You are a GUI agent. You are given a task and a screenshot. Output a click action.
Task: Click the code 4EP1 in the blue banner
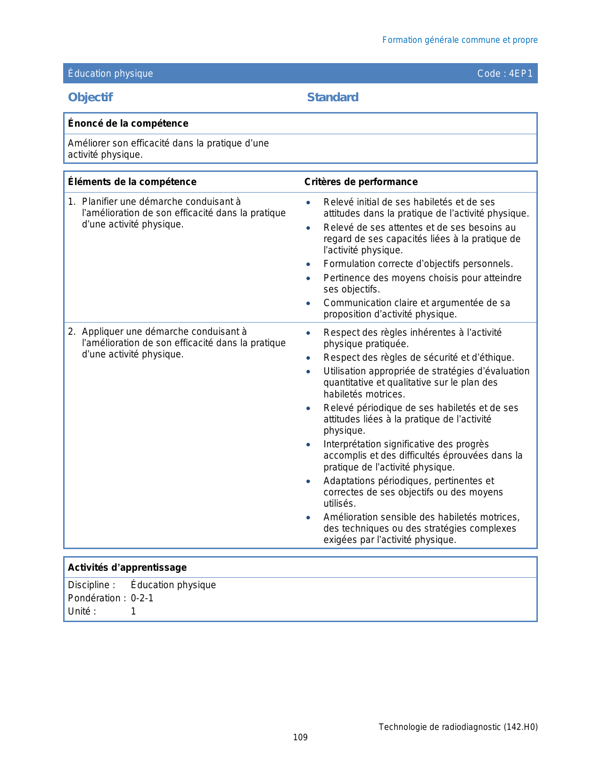520,73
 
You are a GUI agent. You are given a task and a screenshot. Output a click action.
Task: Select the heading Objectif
90,97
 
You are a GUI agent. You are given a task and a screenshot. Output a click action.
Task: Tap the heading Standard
332,97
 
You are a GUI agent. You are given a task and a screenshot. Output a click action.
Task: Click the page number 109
300,737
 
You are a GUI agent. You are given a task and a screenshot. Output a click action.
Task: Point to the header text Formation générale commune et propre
460,40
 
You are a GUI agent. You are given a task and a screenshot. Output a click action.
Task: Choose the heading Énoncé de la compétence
128,123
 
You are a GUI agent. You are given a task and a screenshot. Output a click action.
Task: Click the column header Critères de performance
361,182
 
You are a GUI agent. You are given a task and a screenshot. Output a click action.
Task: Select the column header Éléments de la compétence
132,182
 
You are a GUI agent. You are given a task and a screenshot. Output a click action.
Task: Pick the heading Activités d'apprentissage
127,567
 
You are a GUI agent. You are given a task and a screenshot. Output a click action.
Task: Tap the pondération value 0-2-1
142,598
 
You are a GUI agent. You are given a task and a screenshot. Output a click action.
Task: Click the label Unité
82,611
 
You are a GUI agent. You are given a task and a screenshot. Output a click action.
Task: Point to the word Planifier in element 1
99,202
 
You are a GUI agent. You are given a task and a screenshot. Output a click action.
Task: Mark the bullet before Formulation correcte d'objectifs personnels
308,265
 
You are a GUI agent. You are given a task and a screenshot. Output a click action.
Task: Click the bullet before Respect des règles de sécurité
308,358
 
